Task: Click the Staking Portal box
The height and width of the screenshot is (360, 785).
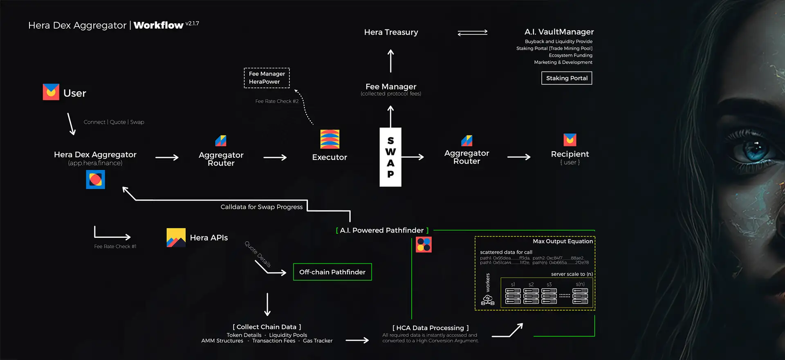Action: [x=566, y=78]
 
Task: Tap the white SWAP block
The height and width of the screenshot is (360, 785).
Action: [x=390, y=157]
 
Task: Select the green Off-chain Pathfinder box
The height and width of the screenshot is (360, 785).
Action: [x=332, y=272]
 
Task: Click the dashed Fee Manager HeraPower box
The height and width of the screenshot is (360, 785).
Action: [x=267, y=78]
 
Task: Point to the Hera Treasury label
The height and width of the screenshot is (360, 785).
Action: [x=391, y=32]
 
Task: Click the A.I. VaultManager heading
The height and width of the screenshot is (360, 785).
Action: [x=559, y=32]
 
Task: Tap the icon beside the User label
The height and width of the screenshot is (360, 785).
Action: [x=51, y=92]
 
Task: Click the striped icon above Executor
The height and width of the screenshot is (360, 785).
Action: [x=330, y=139]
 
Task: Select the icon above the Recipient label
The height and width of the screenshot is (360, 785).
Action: [x=570, y=140]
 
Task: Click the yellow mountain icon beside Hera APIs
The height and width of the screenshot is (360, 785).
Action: [x=176, y=237]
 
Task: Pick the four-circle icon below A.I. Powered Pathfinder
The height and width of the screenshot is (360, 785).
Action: [x=424, y=245]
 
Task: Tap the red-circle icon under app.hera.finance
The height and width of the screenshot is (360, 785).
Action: [x=95, y=180]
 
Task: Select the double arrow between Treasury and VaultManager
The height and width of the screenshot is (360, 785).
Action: [x=473, y=32]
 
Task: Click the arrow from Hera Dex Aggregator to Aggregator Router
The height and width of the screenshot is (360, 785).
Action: [x=167, y=157]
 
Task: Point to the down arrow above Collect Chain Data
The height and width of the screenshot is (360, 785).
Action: [x=267, y=304]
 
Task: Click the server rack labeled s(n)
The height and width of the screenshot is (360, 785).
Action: [x=580, y=296]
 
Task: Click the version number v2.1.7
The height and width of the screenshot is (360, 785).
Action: [x=192, y=24]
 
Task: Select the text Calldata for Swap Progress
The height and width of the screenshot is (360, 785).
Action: [x=262, y=207]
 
